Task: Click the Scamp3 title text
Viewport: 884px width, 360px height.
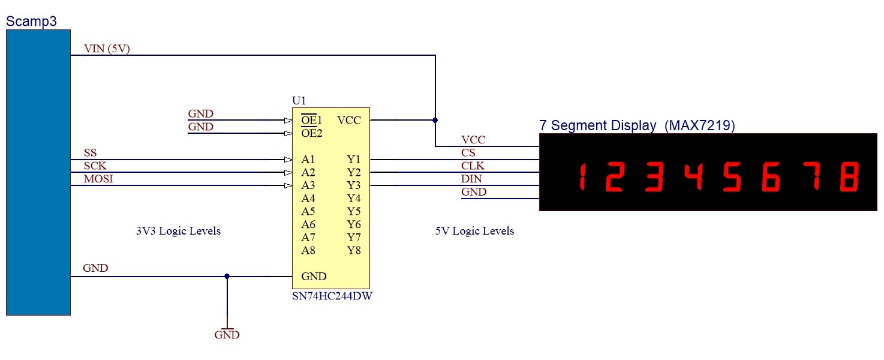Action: point(31,22)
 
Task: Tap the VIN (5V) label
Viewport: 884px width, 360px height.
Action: point(107,49)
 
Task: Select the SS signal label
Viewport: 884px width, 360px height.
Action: point(90,153)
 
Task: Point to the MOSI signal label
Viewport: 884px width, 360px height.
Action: point(98,179)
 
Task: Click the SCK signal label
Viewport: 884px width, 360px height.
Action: point(95,166)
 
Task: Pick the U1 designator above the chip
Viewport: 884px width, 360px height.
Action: point(299,101)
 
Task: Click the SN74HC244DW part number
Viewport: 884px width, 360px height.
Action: point(332,296)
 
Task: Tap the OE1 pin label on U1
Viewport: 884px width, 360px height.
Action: point(311,119)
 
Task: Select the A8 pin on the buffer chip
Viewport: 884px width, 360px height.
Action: point(308,251)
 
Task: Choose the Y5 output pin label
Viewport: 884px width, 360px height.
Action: point(354,212)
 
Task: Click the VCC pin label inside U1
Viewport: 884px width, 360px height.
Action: point(349,120)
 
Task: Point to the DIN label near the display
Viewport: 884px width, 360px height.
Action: point(471,179)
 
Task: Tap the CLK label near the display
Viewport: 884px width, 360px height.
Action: point(473,166)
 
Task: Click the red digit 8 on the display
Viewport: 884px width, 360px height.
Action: point(849,176)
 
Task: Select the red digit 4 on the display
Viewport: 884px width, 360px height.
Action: point(693,176)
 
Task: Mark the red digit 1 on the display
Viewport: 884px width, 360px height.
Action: point(581,176)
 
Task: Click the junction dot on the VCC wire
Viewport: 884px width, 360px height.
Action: point(435,120)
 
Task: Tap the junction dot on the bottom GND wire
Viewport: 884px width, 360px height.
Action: point(227,277)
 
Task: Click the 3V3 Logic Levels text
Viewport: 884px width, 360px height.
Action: point(178,231)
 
